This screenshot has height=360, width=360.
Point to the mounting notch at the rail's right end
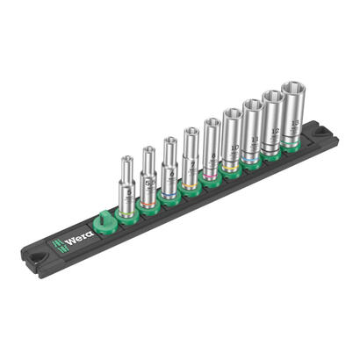click(328, 133)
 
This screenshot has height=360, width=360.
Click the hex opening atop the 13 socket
click(292, 88)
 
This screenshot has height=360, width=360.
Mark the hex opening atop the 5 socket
click(126, 161)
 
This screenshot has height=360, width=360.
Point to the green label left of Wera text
click(56, 243)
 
